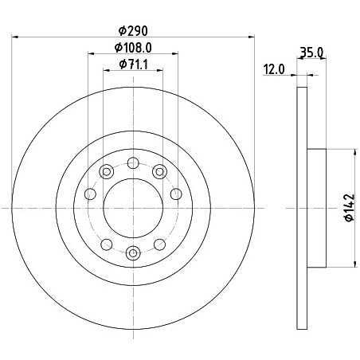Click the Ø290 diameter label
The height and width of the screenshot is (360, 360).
133,31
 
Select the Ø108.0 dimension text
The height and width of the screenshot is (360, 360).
133,48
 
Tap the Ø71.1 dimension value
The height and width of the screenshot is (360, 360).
133,65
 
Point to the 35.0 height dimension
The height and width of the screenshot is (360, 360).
311,52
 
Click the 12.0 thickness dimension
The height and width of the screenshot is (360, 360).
274,69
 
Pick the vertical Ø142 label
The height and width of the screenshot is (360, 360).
350,208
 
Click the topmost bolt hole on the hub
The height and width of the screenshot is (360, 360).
133,162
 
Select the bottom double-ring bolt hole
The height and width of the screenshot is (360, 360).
133,253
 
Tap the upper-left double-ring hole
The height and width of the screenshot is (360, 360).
107,172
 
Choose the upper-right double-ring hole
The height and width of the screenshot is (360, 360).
159,171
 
